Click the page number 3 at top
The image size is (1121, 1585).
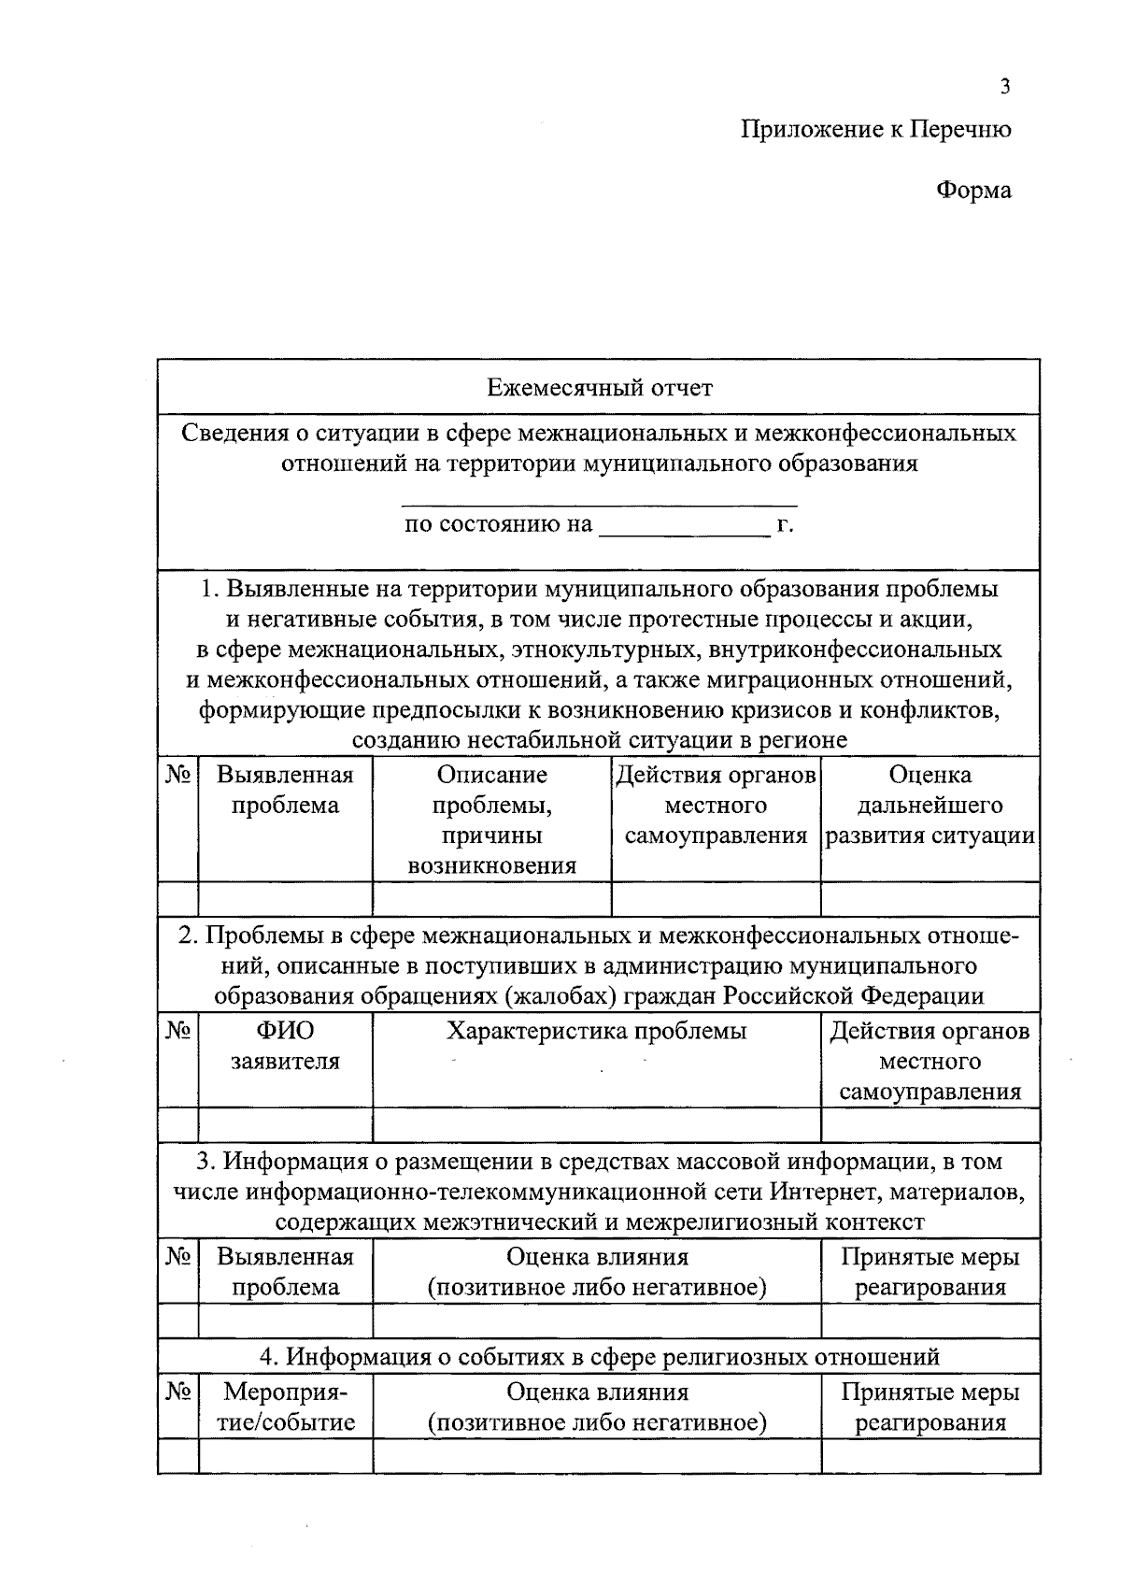point(1004,87)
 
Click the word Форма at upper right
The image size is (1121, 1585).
point(973,191)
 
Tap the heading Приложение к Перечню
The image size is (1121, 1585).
point(875,129)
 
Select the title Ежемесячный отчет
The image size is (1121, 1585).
point(599,387)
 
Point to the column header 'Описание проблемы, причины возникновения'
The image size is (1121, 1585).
point(491,820)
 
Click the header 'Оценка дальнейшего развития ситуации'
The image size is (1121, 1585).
point(929,805)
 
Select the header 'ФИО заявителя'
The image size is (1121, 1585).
point(285,1046)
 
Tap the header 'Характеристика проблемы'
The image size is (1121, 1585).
point(596,1031)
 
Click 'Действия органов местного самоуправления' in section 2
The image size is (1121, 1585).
point(929,1061)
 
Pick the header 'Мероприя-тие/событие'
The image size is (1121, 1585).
point(285,1407)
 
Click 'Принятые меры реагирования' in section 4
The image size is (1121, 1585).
point(929,1407)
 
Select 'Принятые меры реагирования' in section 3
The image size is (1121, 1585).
point(929,1271)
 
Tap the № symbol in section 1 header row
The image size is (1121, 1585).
point(178,775)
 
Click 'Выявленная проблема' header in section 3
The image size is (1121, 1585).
point(285,1271)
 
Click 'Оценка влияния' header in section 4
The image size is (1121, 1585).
point(597,1392)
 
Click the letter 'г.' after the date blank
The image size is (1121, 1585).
point(785,524)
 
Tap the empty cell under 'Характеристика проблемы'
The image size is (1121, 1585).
point(596,1124)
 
